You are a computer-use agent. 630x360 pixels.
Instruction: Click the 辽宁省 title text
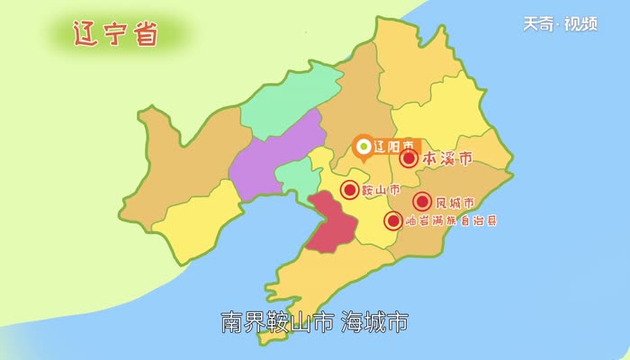(x=114, y=33)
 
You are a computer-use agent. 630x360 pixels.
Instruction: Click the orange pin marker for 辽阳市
(x=363, y=146)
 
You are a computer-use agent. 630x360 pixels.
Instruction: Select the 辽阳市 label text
(x=394, y=145)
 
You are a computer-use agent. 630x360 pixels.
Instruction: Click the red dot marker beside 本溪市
(x=409, y=159)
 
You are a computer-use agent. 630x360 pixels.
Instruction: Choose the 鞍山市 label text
(x=381, y=190)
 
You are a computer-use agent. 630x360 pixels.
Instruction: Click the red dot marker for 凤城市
(x=422, y=202)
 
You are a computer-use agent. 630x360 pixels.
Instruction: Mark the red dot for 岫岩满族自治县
(x=393, y=220)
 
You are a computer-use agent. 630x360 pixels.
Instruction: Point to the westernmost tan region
(x=180, y=171)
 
